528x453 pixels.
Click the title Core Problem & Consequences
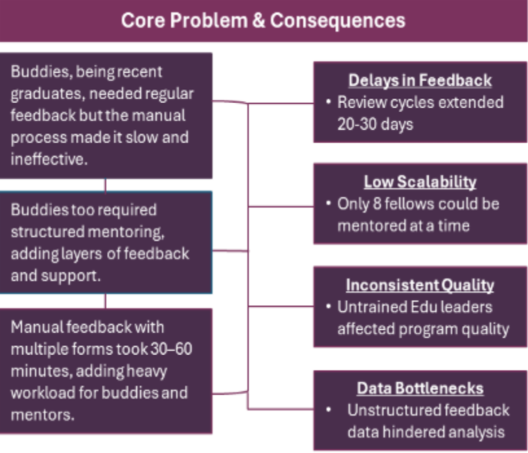[263, 20]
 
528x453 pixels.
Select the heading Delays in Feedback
[420, 80]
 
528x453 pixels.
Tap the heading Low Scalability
[420, 182]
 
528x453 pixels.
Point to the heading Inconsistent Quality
[420, 285]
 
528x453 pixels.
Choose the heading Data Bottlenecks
[420, 388]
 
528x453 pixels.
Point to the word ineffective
[47, 159]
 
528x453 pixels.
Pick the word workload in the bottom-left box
[39, 393]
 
